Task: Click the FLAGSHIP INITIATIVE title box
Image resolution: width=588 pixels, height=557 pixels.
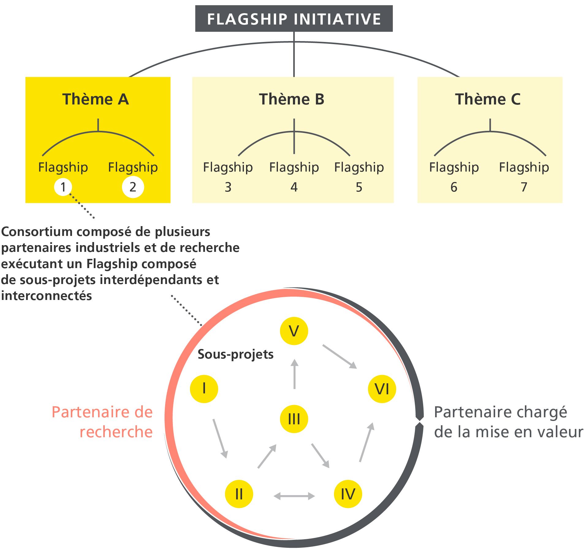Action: pyautogui.click(x=294, y=19)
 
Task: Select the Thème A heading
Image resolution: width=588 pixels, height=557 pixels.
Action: pyautogui.click(x=95, y=99)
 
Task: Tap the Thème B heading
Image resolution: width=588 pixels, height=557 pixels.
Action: pyautogui.click(x=291, y=99)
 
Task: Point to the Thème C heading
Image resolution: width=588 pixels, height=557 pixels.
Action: pyautogui.click(x=487, y=99)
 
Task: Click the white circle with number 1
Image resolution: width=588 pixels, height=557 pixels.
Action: pyautogui.click(x=63, y=187)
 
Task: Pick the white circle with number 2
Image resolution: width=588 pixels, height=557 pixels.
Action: pyautogui.click(x=133, y=187)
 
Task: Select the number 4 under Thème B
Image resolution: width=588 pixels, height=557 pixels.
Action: pyautogui.click(x=294, y=187)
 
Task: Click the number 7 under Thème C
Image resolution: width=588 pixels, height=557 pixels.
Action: pyautogui.click(x=524, y=187)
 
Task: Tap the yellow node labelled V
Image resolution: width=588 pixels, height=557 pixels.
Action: pyautogui.click(x=294, y=331)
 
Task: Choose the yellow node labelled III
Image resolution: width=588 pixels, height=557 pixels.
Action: pyautogui.click(x=294, y=419)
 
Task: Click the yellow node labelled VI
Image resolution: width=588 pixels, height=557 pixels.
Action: pyautogui.click(x=382, y=389)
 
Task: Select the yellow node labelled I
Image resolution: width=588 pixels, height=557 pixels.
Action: pyautogui.click(x=204, y=389)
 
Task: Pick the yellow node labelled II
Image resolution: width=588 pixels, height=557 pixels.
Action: pyautogui.click(x=239, y=494)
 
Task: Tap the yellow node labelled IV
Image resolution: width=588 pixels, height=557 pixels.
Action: pyautogui.click(x=348, y=494)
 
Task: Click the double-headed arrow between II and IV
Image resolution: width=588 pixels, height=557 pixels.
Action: pyautogui.click(x=294, y=496)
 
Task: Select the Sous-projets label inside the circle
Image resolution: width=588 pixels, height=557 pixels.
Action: pyautogui.click(x=235, y=354)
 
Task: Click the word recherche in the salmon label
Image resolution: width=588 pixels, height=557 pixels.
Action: pyautogui.click(x=116, y=432)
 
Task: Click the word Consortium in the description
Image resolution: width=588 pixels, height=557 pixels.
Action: pyautogui.click(x=37, y=232)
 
